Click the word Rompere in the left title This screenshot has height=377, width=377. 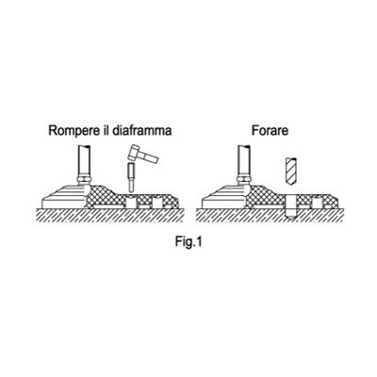tap(74, 130)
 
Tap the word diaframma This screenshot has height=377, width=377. tap(141, 130)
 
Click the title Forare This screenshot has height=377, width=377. tap(270, 130)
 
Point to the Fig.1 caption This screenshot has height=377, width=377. tap(188, 242)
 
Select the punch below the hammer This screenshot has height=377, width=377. tap(131, 176)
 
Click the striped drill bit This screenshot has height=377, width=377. tap(292, 172)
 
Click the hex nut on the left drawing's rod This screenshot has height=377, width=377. tap(85, 180)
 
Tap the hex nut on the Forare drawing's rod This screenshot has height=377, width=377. tap(244, 180)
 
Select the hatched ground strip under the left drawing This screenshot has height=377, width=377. tap(110, 215)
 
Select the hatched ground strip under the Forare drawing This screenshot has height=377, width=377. tap(270, 215)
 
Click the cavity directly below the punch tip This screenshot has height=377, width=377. tap(131, 203)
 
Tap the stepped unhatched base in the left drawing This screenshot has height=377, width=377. tap(65, 197)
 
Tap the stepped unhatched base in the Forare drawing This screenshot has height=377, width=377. tap(225, 197)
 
